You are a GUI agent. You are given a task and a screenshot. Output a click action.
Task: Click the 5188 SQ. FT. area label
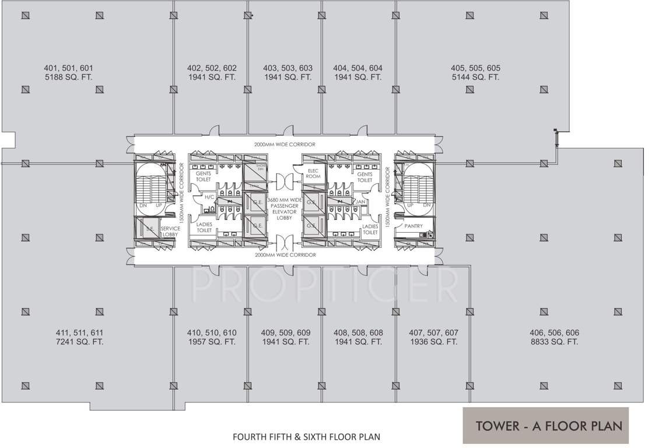pos(68,77)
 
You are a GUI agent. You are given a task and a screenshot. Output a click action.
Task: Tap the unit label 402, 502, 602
pos(212,68)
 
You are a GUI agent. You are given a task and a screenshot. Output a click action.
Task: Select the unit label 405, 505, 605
pos(475,68)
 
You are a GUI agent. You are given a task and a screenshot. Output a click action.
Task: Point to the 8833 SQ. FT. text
pos(554,342)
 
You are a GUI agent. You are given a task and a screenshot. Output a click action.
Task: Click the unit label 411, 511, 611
pos(80,332)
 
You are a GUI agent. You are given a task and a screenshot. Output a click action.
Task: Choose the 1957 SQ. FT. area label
pos(212,342)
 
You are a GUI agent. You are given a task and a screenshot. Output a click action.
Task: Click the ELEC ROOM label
pos(313,173)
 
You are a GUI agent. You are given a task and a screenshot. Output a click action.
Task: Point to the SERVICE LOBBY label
pos(170,232)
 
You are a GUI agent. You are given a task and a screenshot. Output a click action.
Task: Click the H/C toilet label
pos(209,198)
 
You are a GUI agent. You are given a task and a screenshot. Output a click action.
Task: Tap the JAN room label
pos(360,201)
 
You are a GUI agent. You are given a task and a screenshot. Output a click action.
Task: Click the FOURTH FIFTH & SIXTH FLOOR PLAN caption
pos(307,436)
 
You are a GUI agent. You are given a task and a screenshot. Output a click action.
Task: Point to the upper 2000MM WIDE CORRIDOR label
pos(285,144)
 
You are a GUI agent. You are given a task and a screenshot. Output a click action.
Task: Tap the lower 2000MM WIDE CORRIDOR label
pos(285,255)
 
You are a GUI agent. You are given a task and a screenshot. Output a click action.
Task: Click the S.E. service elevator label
pos(149,229)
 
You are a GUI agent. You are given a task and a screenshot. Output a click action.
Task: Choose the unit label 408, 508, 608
pos(358,332)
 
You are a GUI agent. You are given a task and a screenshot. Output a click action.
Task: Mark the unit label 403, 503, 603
pos(288,68)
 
